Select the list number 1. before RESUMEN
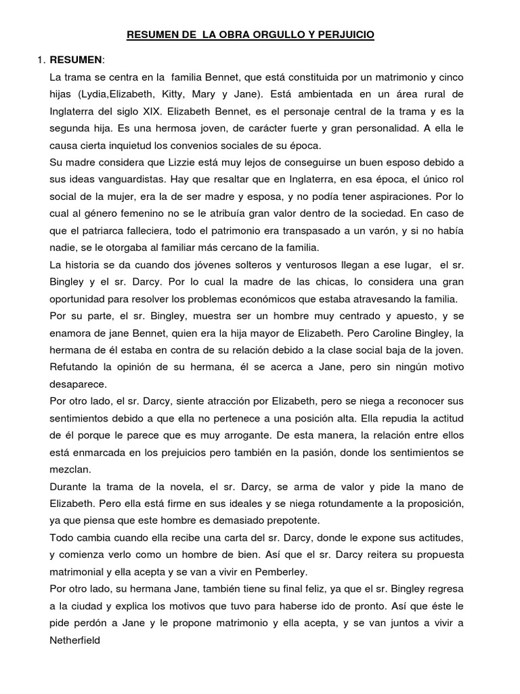tap(41, 60)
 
